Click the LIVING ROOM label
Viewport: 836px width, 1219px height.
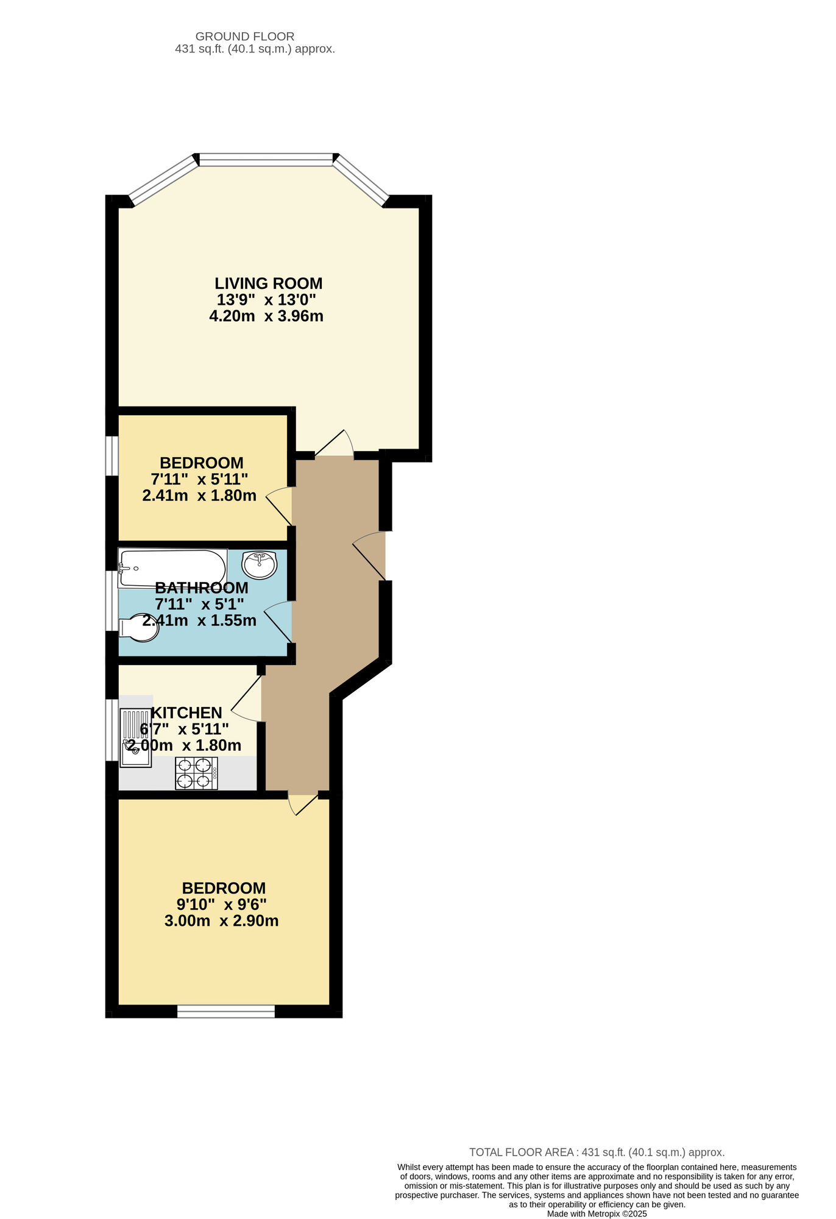[x=268, y=283]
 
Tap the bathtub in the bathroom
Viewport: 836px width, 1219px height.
[x=172, y=569]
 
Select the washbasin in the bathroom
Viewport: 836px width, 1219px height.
[x=259, y=564]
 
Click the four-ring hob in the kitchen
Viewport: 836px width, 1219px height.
[x=196, y=773]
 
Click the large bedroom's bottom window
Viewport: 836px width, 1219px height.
[x=226, y=1012]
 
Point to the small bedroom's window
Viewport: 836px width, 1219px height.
[x=112, y=455]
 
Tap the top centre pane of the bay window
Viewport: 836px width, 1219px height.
[x=266, y=160]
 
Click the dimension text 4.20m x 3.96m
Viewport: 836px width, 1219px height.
[x=266, y=316]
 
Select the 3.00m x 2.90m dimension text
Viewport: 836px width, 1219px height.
[x=222, y=921]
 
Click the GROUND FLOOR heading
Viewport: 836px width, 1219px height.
[x=245, y=37]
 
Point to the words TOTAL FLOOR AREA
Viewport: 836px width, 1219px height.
[x=521, y=1153]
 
